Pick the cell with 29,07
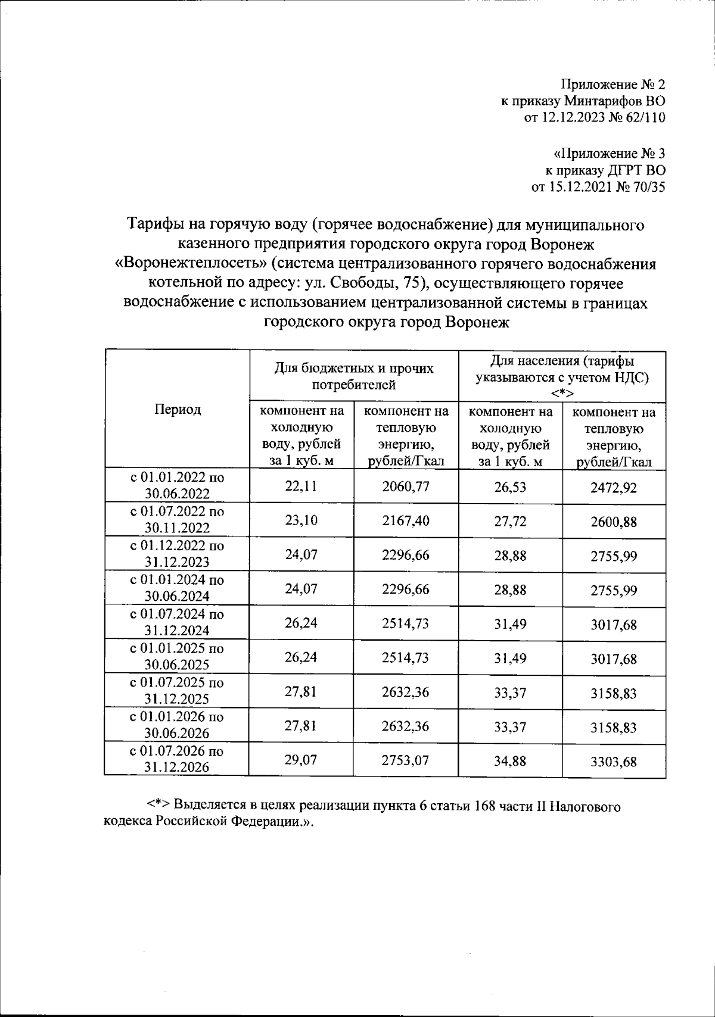(x=301, y=760)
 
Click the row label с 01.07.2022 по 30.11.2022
(x=177, y=519)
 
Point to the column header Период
(x=178, y=409)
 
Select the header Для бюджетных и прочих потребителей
(x=354, y=376)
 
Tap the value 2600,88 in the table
(x=614, y=522)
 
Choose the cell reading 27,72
(x=510, y=522)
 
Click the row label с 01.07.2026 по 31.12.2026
(x=177, y=759)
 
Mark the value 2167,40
(x=406, y=521)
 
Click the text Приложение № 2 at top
(x=614, y=84)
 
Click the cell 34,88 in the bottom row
(x=510, y=761)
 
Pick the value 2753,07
(x=406, y=760)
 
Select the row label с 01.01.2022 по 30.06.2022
(x=177, y=485)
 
